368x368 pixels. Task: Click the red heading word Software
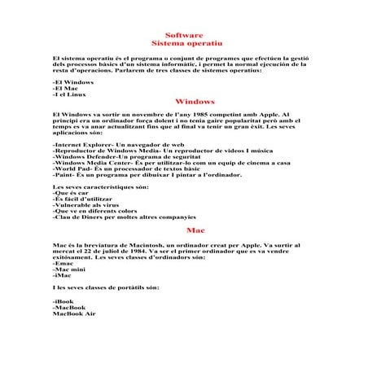tap(183, 36)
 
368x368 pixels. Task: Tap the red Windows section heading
tap(195, 101)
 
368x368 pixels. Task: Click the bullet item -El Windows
tap(72, 83)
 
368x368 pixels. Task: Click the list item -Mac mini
tap(68, 272)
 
